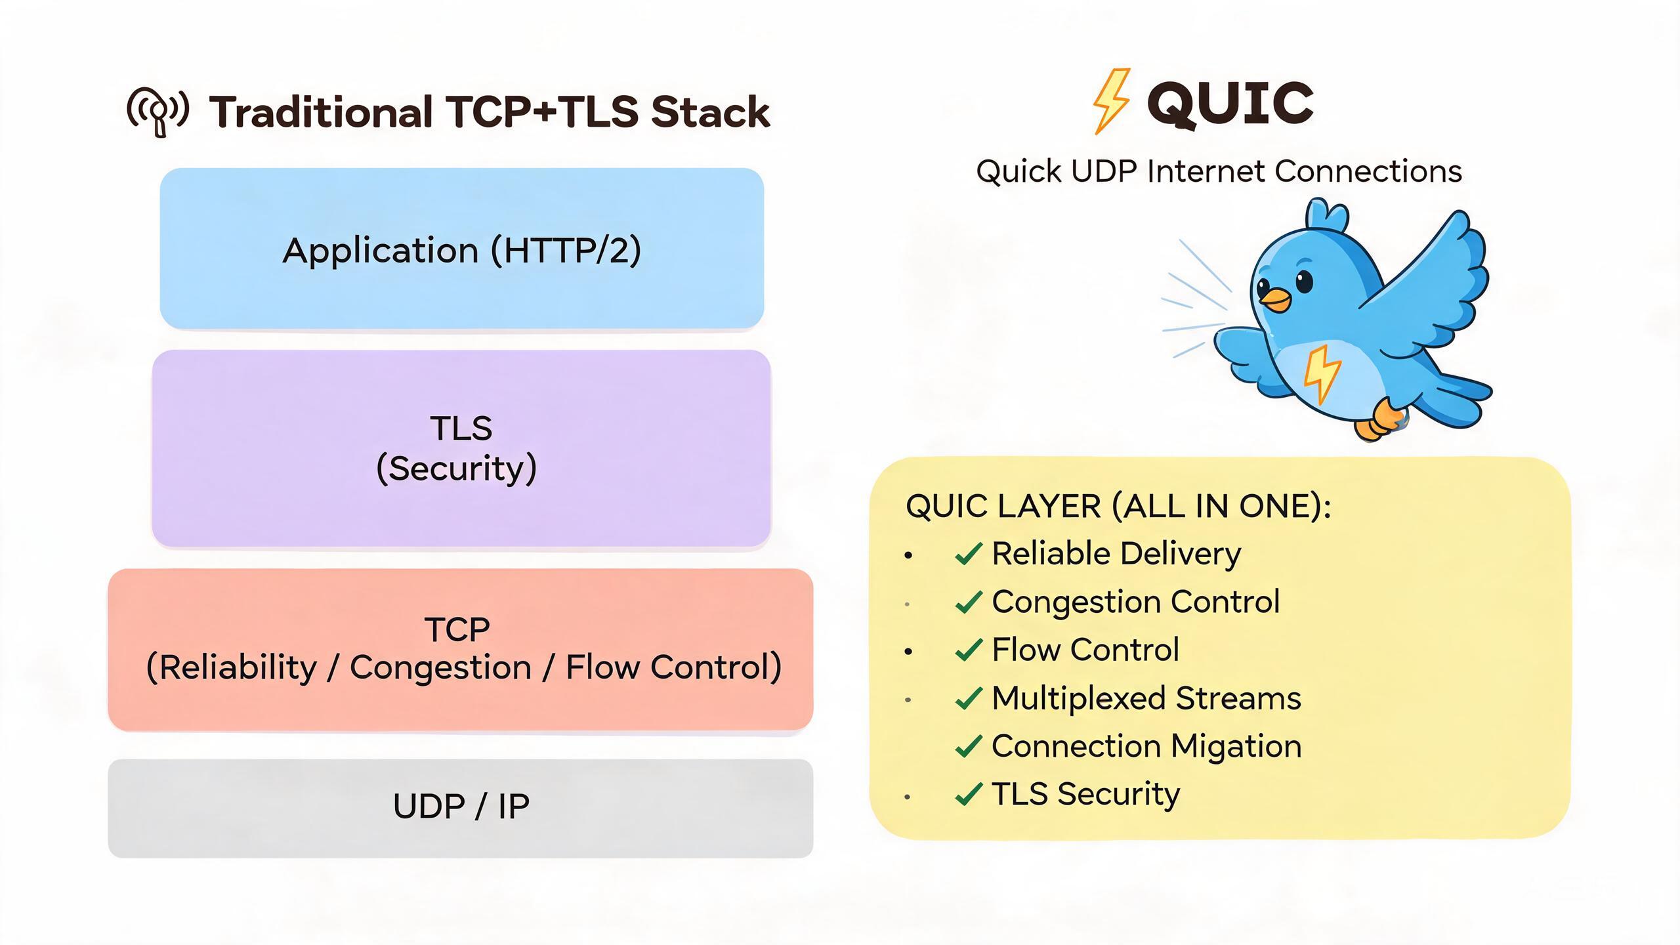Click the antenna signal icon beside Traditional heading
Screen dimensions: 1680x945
point(157,111)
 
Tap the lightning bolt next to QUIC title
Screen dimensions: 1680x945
point(1110,101)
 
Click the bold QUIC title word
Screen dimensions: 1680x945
point(1230,103)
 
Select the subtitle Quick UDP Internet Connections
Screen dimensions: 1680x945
point(1219,171)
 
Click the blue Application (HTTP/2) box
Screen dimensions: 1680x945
point(462,248)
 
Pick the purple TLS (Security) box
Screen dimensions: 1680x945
point(461,448)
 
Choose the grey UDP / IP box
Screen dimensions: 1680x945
point(461,808)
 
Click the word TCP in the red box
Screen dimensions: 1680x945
point(457,629)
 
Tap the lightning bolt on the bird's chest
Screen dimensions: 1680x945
point(1321,373)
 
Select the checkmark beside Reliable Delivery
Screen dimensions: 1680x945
point(969,554)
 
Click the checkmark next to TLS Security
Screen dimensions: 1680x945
point(969,794)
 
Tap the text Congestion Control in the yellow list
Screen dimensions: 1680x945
point(1135,602)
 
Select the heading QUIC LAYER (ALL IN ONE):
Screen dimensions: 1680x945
point(1118,507)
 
